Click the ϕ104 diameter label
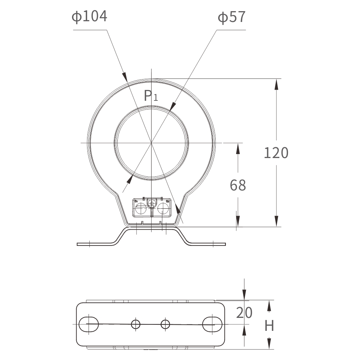[x=89, y=17]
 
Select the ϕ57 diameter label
[x=232, y=17]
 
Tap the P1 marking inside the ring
[x=150, y=96]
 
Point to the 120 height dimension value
[x=276, y=153]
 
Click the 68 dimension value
[x=238, y=185]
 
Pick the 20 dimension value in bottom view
[x=244, y=313]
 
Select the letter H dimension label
[x=269, y=326]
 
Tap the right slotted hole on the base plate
[x=212, y=324]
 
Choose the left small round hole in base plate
[x=135, y=324]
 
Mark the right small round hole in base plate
[x=165, y=324]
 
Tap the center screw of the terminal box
[x=152, y=203]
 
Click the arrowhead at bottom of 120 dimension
[x=276, y=221]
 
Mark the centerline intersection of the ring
[x=152, y=143]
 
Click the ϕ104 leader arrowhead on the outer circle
[x=125, y=76]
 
